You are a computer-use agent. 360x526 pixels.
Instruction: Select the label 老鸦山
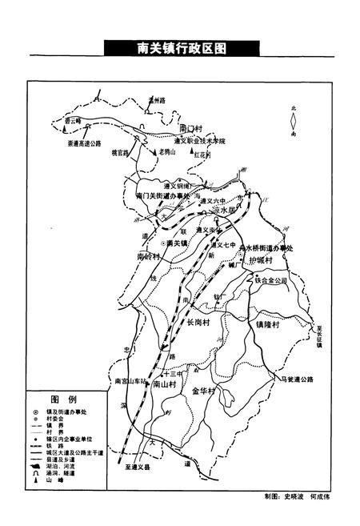pos(166,152)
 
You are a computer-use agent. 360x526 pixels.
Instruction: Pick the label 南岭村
pos(149,257)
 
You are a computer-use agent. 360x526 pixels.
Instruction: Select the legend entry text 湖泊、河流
pos(65,464)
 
